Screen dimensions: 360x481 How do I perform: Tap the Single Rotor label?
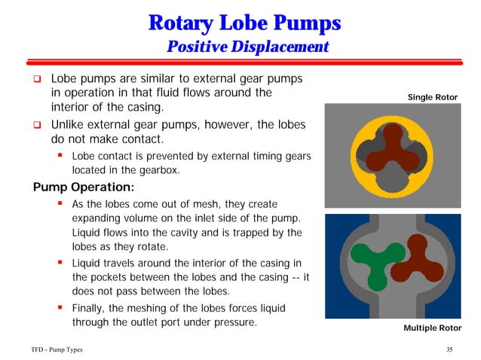tap(432, 98)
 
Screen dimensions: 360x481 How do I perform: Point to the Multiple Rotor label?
tap(432, 328)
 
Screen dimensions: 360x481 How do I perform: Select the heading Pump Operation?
tap(82, 187)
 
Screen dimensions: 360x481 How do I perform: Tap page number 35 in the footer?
tap(449, 350)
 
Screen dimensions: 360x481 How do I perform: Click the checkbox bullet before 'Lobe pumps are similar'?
tap(35, 79)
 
